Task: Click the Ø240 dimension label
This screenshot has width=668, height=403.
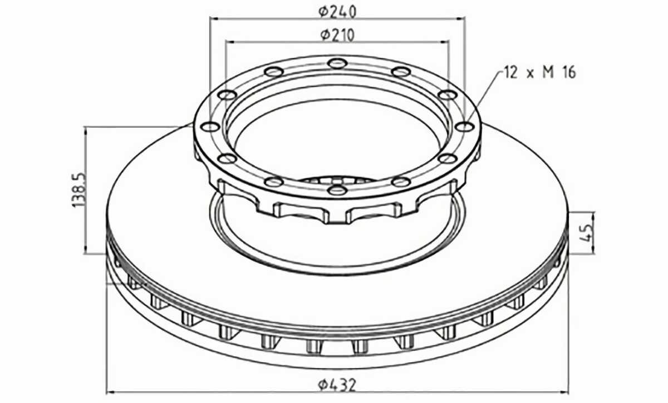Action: point(337,12)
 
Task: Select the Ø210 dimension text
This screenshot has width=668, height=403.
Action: point(337,35)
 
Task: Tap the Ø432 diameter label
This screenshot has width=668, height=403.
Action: point(337,385)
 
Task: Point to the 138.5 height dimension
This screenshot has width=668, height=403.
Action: point(79,190)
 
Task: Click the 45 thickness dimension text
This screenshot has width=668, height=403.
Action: point(586,233)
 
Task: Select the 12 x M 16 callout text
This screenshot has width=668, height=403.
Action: point(540,73)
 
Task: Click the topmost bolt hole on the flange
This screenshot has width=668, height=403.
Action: point(337,63)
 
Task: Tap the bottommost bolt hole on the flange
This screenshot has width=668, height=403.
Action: point(337,190)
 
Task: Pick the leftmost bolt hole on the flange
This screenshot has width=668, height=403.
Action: point(210,127)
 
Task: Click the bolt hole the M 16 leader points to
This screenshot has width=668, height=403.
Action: point(465,127)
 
